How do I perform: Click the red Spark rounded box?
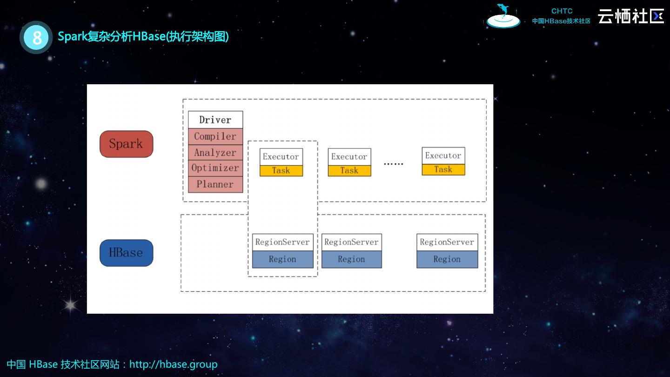pos(126,144)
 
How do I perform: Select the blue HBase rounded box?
pos(126,253)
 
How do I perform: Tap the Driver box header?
pos(215,120)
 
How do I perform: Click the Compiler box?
pos(215,136)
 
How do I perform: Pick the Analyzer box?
pos(215,152)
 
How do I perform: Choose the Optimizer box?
pos(215,168)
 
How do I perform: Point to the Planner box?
pos(215,184)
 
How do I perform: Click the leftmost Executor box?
pos(281,157)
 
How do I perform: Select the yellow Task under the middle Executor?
pos(349,170)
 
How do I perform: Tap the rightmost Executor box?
pos(443,155)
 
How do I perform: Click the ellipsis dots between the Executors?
pos(394,164)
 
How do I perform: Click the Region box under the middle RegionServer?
pos(351,259)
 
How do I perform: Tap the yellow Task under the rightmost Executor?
pos(443,169)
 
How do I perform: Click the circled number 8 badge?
pos(36,37)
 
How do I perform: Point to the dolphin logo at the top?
pos(503,16)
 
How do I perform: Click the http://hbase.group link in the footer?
pos(174,364)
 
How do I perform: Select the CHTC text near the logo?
pos(562,11)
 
